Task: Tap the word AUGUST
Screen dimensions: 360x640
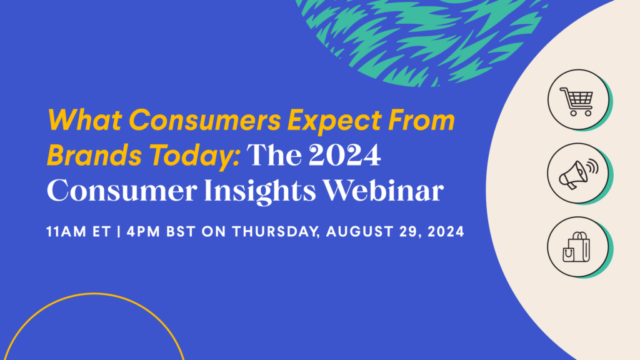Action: point(355,232)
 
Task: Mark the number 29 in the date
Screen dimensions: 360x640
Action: point(410,232)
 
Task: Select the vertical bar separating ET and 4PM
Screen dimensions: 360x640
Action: point(117,232)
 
